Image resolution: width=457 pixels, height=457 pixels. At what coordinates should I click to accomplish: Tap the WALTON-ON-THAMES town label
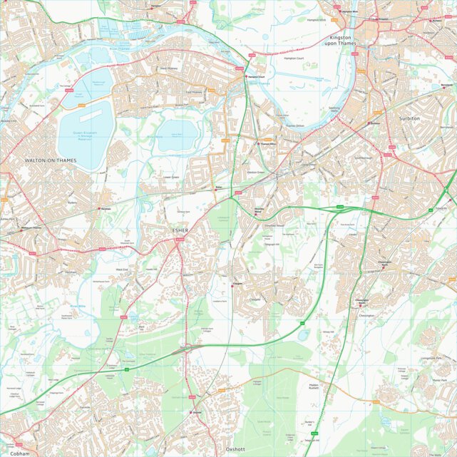click(x=51, y=161)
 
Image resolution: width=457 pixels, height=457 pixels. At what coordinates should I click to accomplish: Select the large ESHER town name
click(x=180, y=230)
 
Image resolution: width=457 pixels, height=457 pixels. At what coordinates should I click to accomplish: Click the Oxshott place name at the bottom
click(x=235, y=450)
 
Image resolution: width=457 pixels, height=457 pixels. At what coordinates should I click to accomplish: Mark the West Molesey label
click(x=168, y=68)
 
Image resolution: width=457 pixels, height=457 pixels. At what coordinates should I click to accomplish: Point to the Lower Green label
click(x=171, y=177)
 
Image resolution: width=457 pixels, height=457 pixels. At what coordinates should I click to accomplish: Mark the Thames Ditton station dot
click(x=259, y=143)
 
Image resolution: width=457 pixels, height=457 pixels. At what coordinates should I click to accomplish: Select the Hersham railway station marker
click(x=99, y=208)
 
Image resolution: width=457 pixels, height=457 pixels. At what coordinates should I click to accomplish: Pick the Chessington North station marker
click(x=381, y=263)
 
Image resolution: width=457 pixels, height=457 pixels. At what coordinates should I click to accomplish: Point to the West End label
click(x=122, y=269)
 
